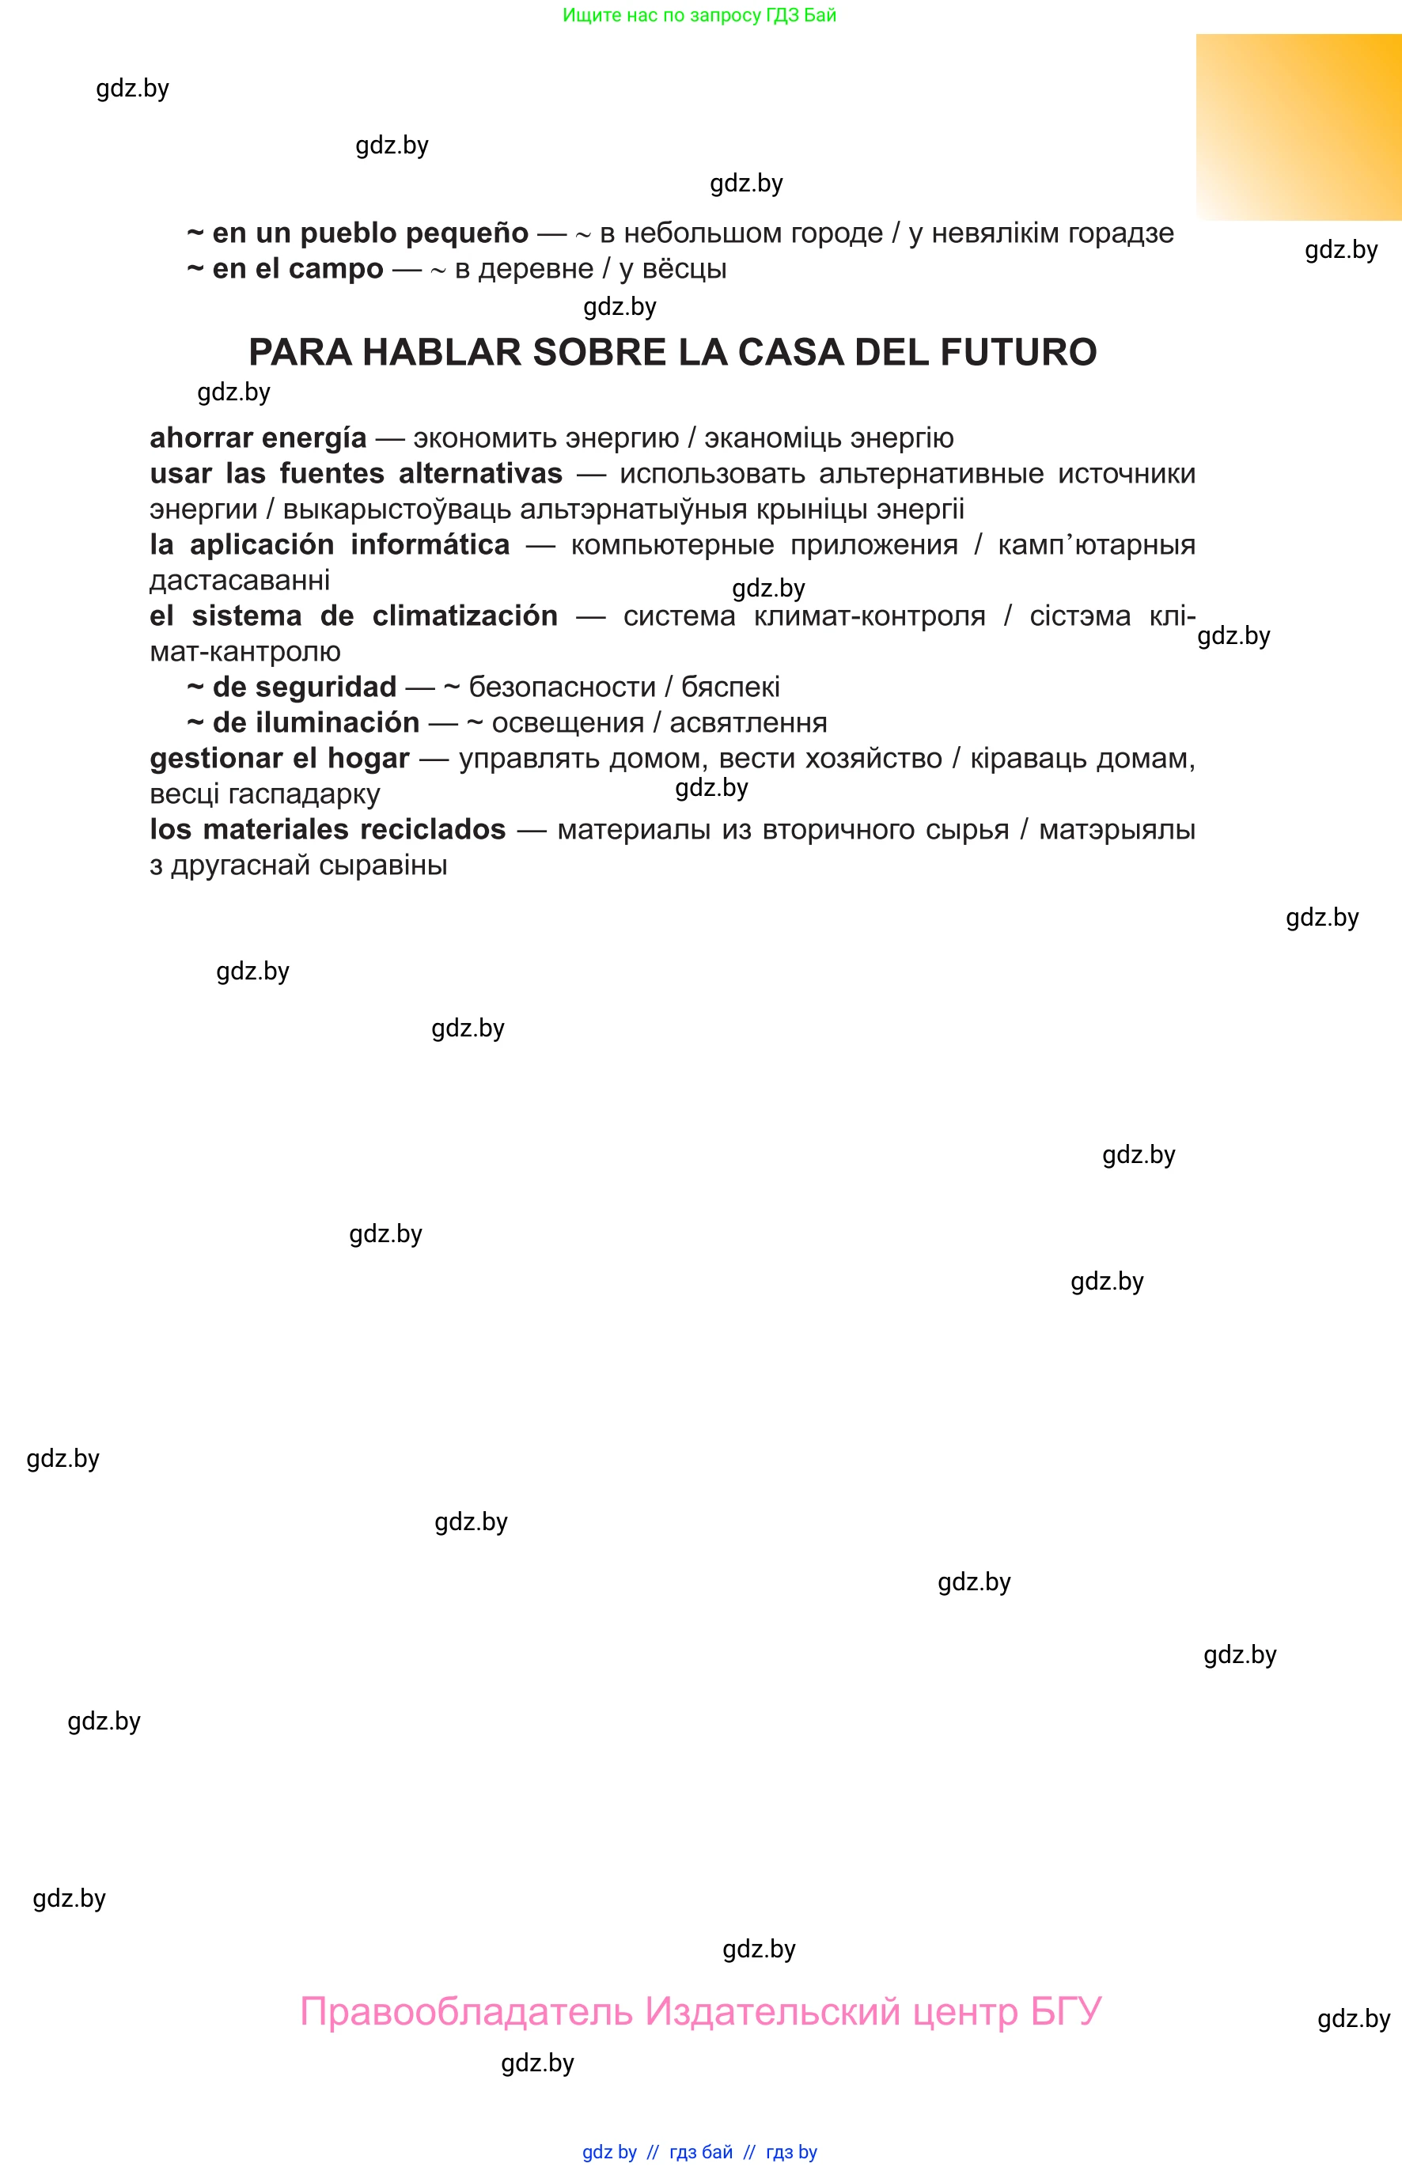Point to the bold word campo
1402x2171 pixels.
(341, 268)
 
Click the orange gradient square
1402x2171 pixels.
(1298, 127)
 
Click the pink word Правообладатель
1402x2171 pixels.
(466, 2011)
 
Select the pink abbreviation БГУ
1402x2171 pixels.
(1066, 2011)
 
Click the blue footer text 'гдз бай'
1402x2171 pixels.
(701, 2152)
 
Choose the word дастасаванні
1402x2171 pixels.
(240, 581)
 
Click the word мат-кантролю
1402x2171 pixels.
(245, 652)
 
